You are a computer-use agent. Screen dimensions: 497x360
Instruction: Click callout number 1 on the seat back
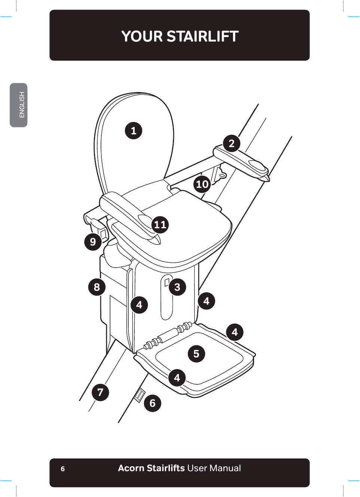(133, 131)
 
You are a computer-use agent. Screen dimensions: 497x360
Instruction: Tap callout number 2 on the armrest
(232, 143)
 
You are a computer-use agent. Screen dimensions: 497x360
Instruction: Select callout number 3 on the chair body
(177, 287)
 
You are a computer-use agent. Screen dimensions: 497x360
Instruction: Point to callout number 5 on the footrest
(196, 354)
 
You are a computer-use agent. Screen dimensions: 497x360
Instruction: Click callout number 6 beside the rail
(153, 403)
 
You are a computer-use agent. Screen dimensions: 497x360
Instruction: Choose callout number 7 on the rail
(100, 392)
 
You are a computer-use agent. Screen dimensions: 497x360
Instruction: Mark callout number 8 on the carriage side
(97, 287)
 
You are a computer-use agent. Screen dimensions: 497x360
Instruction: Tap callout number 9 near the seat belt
(93, 242)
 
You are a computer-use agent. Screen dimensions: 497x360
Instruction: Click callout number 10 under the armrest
(202, 184)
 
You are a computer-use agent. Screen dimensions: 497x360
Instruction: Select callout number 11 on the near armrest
(160, 225)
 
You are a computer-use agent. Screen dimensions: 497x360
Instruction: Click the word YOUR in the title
(142, 37)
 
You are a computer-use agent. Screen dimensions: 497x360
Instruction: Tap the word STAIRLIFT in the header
(202, 37)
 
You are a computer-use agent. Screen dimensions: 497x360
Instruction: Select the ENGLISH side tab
(19, 105)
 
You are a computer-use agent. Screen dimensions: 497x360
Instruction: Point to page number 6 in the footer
(63, 469)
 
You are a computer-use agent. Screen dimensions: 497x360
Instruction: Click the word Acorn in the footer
(131, 468)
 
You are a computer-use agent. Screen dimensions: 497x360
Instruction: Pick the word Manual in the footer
(225, 468)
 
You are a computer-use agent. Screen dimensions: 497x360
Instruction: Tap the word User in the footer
(197, 468)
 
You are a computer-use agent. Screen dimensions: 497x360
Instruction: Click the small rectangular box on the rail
(140, 395)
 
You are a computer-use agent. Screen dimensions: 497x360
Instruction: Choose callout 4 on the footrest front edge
(177, 378)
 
